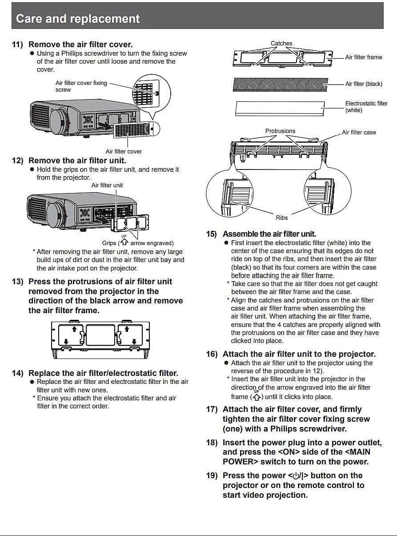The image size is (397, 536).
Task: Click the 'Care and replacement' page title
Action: click(78, 19)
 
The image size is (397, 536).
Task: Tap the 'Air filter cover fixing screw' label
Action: click(81, 86)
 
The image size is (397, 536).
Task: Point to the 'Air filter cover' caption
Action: click(124, 151)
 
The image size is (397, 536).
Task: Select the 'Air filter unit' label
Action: click(107, 185)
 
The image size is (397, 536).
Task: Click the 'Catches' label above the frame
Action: click(281, 44)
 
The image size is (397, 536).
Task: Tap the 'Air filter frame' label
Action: click(363, 57)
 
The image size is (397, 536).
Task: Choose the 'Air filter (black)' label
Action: click(364, 84)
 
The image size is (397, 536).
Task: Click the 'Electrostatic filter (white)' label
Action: click(366, 106)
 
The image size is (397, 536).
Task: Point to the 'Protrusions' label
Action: click(280, 131)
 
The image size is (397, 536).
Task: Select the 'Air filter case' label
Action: click(359, 132)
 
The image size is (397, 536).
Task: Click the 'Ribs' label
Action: click(281, 218)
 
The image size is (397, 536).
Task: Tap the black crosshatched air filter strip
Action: click(280, 84)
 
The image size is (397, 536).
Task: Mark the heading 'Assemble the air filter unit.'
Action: click(269, 234)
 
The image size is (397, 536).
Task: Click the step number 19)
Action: click(212, 476)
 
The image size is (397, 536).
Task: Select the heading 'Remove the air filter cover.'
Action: click(80, 44)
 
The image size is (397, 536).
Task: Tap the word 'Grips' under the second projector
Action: click(109, 243)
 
